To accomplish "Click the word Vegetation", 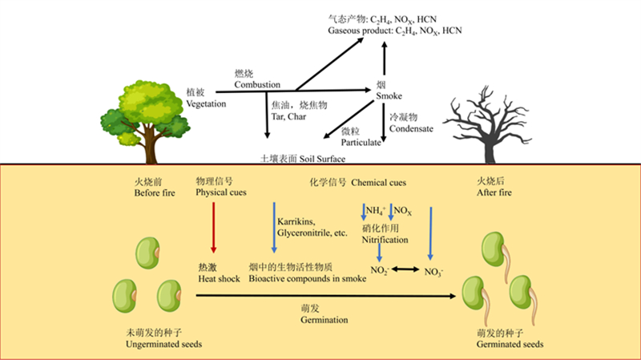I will point(202,103).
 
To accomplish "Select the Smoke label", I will point(389,96).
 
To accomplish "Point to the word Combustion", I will point(256,83).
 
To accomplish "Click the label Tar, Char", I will point(292,116).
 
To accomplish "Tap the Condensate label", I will point(411,128).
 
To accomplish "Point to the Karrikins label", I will point(297,221).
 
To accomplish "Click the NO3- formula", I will point(434,272).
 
